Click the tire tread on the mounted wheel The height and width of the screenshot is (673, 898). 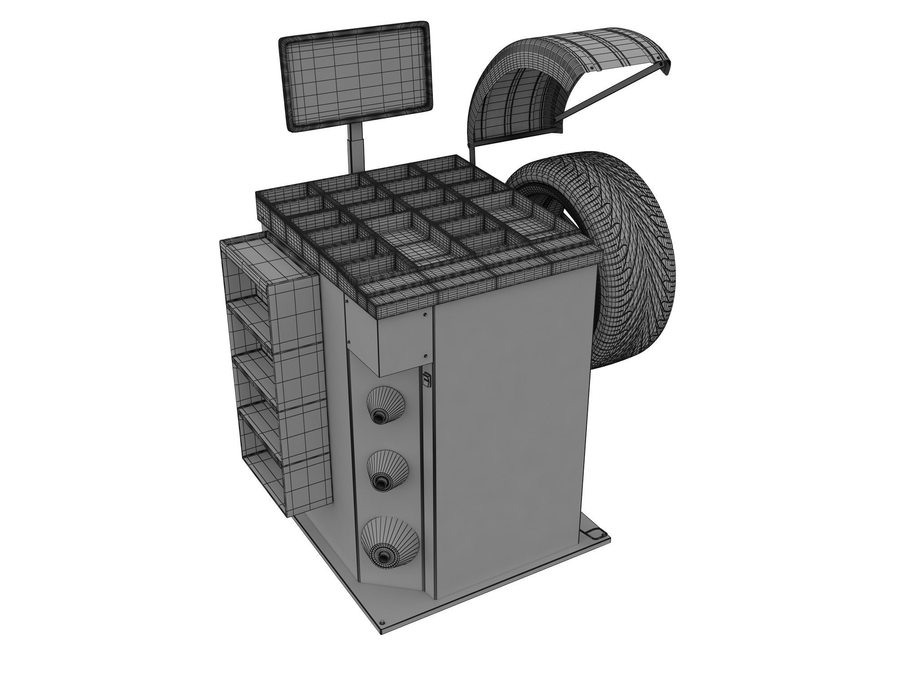642,251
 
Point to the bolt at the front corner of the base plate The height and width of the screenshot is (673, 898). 382,623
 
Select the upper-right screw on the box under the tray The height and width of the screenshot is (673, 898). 425,315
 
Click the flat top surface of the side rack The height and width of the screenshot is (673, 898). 260,256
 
